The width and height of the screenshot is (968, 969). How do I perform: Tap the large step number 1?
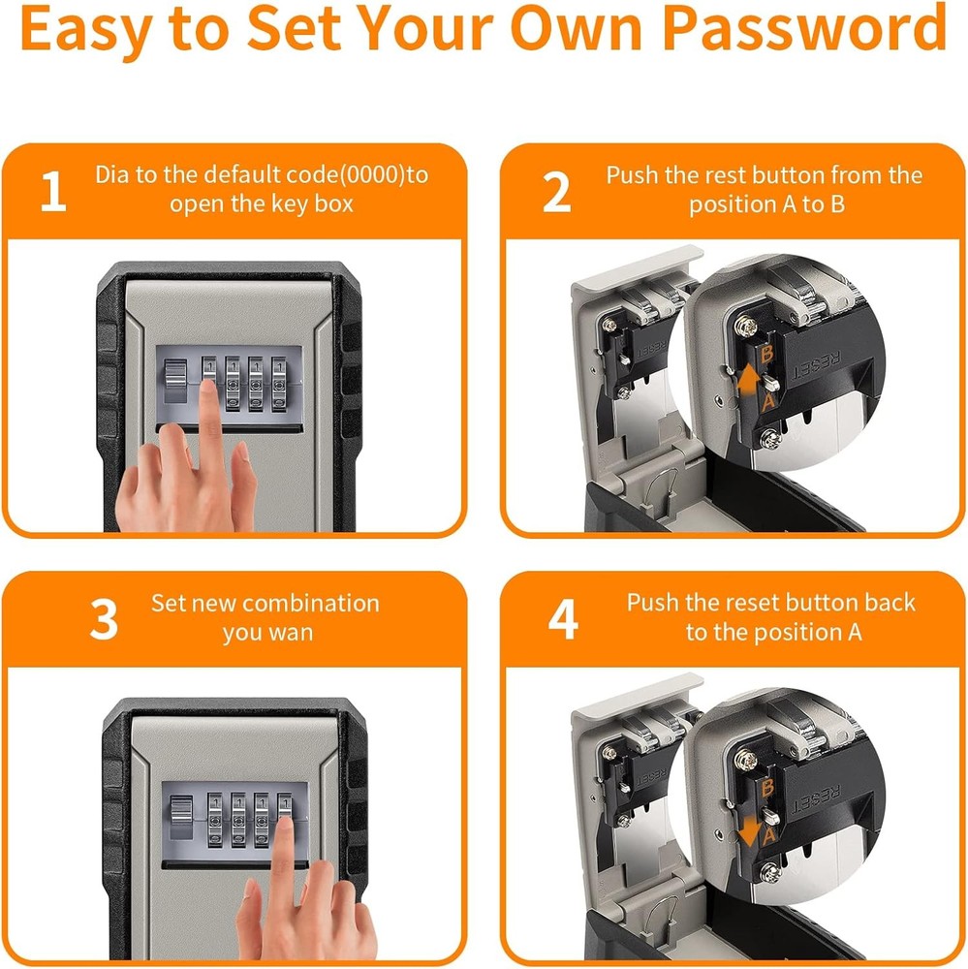54,193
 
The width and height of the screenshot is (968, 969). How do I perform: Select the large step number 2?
556,193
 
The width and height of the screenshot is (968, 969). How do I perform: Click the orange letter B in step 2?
766,356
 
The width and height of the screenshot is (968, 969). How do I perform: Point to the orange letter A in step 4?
769,831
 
